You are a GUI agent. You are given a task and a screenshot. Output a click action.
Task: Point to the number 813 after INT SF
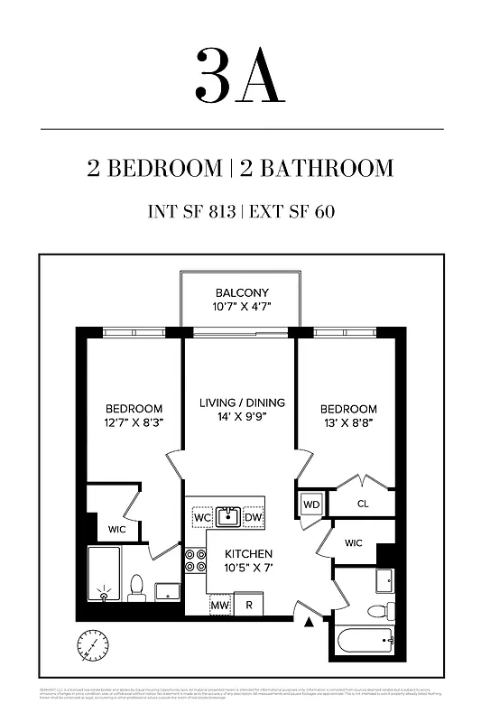pyautogui.click(x=219, y=213)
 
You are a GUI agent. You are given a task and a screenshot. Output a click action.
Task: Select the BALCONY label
pyautogui.click(x=241, y=293)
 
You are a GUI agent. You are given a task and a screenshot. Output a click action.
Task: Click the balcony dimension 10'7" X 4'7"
pyautogui.click(x=241, y=308)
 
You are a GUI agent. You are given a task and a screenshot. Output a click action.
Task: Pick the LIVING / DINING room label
pyautogui.click(x=241, y=403)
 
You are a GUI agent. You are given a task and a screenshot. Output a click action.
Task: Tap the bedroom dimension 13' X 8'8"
pyautogui.click(x=347, y=422)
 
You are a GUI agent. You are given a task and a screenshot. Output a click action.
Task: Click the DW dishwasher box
pyautogui.click(x=254, y=517)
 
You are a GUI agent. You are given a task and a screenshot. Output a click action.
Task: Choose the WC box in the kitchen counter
pyautogui.click(x=202, y=517)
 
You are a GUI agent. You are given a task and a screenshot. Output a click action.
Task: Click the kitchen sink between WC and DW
pyautogui.click(x=227, y=516)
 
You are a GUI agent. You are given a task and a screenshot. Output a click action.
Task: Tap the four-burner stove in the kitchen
pyautogui.click(x=195, y=560)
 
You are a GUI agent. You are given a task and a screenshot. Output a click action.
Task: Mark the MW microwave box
pyautogui.click(x=219, y=605)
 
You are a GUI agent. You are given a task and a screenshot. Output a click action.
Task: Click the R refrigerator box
pyautogui.click(x=248, y=605)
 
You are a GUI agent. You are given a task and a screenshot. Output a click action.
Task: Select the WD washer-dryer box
pyautogui.click(x=310, y=504)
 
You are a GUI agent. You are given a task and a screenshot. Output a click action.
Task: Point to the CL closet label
pyautogui.click(x=363, y=504)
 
